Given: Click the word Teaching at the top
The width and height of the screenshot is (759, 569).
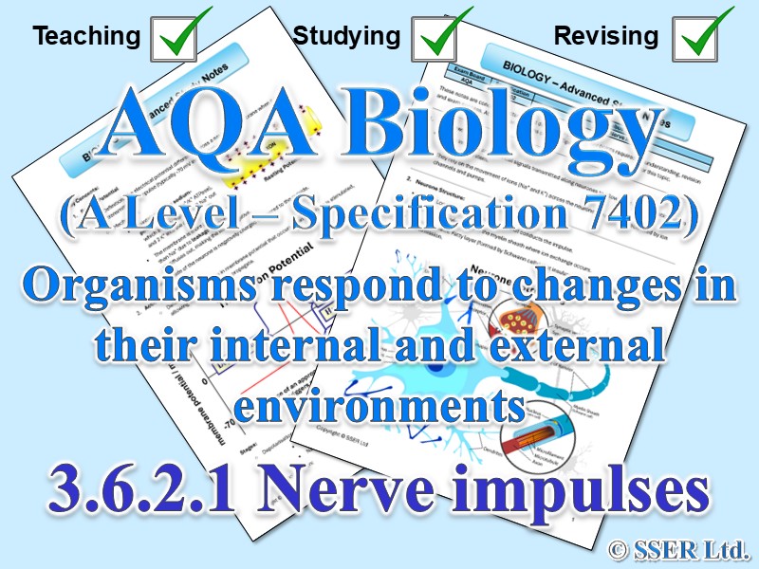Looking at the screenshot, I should point(86,37).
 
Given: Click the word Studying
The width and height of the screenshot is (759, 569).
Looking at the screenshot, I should point(346,37).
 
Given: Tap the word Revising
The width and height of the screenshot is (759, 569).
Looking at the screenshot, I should point(606,37).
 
